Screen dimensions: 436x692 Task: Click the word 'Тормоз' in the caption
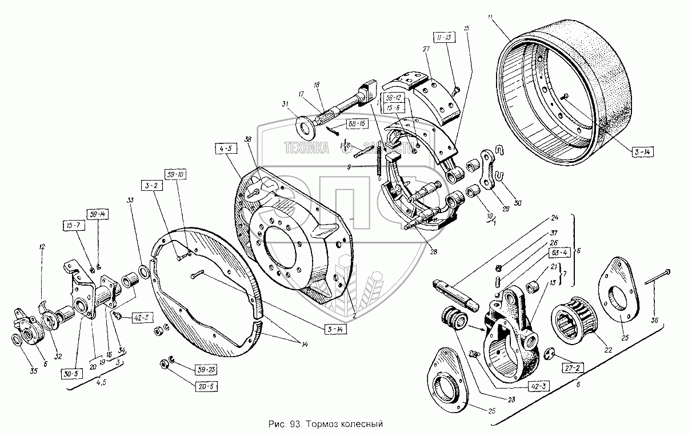tap(322, 425)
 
